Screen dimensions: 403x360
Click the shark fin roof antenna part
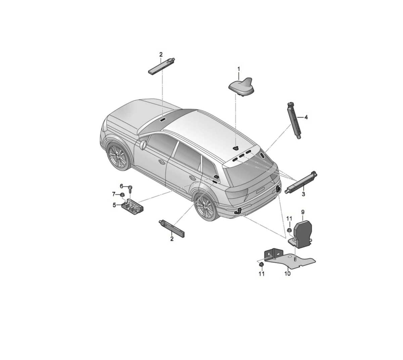tap(241, 87)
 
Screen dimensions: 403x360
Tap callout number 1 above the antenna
tap(238, 69)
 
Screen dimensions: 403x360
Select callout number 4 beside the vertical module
tap(306, 117)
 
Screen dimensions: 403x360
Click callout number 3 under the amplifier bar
tap(303, 194)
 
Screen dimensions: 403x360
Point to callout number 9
tap(303, 212)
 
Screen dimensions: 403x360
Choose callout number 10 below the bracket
tap(287, 274)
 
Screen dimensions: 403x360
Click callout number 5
tap(114, 205)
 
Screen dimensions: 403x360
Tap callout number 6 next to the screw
tap(121, 186)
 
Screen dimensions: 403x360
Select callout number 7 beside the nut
tap(114, 194)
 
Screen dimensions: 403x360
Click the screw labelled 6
tap(131, 189)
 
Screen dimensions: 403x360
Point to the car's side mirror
tap(143, 145)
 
